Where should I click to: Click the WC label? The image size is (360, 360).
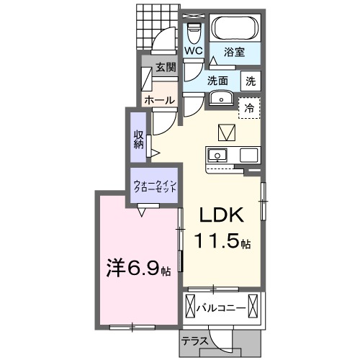click(194, 51)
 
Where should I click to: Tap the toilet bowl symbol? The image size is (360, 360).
click(194, 34)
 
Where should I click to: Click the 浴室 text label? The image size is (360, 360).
click(234, 52)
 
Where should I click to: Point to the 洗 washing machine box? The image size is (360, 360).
click(251, 81)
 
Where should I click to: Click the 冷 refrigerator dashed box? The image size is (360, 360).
click(249, 108)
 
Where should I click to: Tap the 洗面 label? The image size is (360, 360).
click(217, 81)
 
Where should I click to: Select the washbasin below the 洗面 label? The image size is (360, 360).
click(221, 99)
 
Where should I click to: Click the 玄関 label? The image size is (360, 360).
click(166, 68)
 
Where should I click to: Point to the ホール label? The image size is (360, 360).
click(159, 100)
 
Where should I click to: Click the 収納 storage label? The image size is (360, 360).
click(139, 140)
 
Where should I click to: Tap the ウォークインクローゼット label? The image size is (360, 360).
click(155, 186)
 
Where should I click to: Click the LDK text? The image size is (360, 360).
click(222, 215)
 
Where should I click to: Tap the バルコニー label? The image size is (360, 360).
click(221, 308)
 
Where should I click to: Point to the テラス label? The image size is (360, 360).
click(194, 341)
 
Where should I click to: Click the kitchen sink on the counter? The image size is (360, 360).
click(217, 155)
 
